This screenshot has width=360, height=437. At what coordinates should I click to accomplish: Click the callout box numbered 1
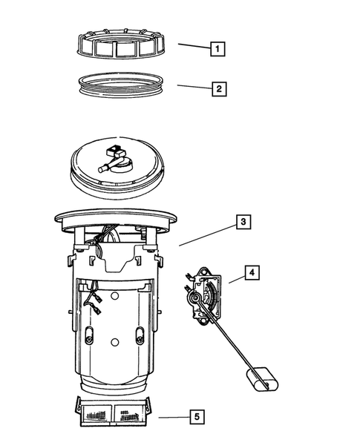[217, 49]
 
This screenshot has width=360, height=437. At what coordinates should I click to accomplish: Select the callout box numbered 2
[217, 89]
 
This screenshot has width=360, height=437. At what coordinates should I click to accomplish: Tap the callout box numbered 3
[243, 221]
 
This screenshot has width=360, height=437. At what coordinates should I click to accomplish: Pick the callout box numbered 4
[252, 274]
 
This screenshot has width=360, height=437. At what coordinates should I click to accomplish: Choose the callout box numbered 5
[196, 417]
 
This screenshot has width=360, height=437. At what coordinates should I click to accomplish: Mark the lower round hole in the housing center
[114, 342]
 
